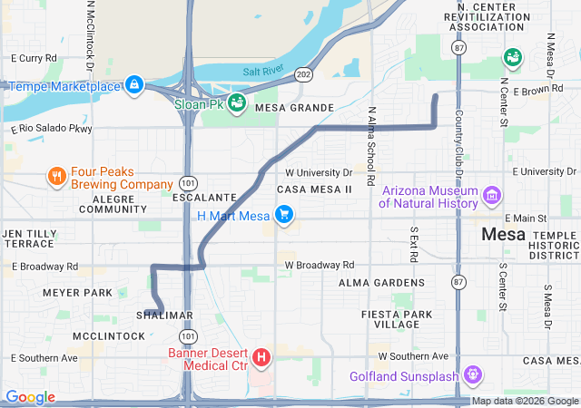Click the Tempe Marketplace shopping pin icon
pyautogui.click(x=134, y=85)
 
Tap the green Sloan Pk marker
pyautogui.click(x=236, y=102)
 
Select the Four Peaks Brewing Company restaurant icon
pyautogui.click(x=56, y=177)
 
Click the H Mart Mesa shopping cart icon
pyautogui.click(x=285, y=216)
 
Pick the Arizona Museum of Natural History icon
pyautogui.click(x=492, y=196)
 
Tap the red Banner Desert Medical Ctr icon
pyautogui.click(x=261, y=358)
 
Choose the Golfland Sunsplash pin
pyautogui.click(x=472, y=374)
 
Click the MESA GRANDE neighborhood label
pyautogui.click(x=295, y=108)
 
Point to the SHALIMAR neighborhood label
pyautogui.click(x=165, y=316)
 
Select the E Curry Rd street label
pyautogui.click(x=33, y=58)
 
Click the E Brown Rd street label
pyautogui.click(x=542, y=92)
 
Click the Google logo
pyautogui.click(x=30, y=397)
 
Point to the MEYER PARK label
pyautogui.click(x=77, y=292)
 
